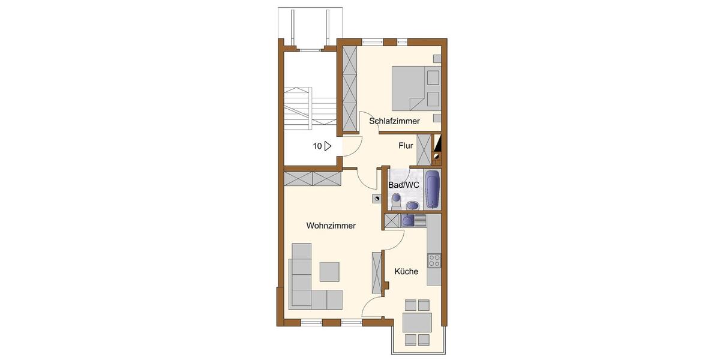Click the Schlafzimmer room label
394,121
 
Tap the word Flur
406,146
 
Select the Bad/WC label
404,185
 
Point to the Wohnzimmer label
331,226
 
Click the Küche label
406,272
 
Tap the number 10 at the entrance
316,146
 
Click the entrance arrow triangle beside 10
328,146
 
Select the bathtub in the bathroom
432,187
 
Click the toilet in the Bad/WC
396,200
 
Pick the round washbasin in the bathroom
412,206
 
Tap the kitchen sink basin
408,221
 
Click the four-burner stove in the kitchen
434,260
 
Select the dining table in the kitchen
417,322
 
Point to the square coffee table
329,272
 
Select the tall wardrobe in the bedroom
349,89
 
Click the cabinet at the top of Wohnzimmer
313,178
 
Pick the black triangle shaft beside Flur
438,144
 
